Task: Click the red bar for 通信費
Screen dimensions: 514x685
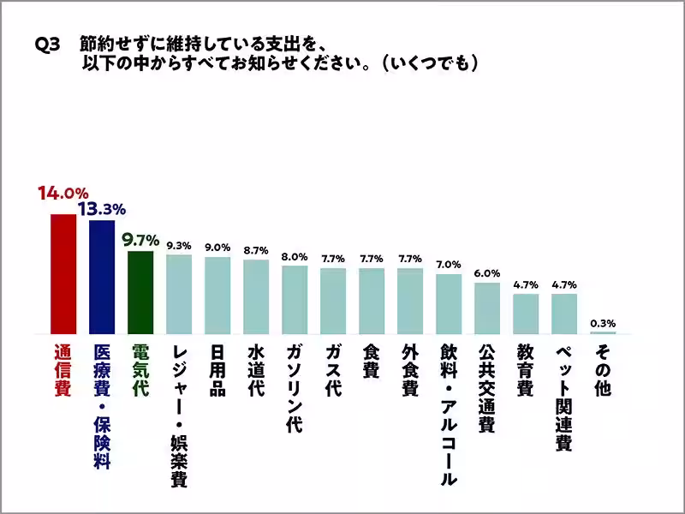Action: point(63,273)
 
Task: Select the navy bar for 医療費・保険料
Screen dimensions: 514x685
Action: point(102,277)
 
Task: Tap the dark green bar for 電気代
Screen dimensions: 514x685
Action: point(140,292)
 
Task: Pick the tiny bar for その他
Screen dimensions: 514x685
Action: point(603,332)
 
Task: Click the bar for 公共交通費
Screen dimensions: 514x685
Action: point(487,308)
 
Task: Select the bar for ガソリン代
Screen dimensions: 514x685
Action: point(295,299)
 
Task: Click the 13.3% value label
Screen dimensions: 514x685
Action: point(102,207)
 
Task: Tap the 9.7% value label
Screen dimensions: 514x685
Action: point(140,239)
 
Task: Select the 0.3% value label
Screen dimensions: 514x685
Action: point(603,322)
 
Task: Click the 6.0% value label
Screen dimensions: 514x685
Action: point(487,273)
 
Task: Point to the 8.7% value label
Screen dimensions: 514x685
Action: point(256,250)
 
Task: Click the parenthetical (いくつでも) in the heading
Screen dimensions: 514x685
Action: point(428,64)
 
